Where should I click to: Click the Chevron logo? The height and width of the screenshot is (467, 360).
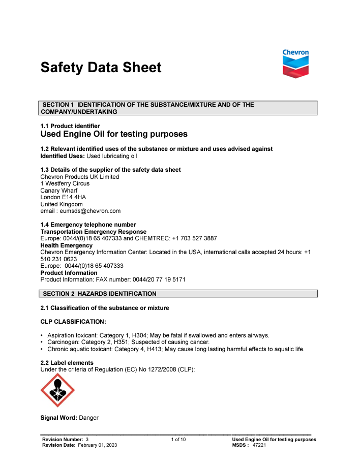click(295, 64)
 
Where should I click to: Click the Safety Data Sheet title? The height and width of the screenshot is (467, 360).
click(101, 68)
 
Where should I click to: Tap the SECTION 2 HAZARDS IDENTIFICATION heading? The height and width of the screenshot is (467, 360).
click(100, 294)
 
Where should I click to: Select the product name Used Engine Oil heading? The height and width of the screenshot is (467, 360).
click(114, 134)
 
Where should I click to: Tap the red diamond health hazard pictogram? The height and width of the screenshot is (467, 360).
click(57, 390)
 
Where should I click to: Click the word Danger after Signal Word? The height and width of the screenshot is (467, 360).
click(89, 418)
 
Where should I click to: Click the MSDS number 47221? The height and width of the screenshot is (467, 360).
click(260, 445)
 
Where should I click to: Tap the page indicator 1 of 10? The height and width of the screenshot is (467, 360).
click(178, 439)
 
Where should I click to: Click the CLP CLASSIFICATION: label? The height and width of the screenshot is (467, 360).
click(73, 322)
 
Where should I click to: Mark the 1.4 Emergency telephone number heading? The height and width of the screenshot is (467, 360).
click(88, 225)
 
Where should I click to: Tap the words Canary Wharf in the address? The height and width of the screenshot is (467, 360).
click(59, 191)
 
